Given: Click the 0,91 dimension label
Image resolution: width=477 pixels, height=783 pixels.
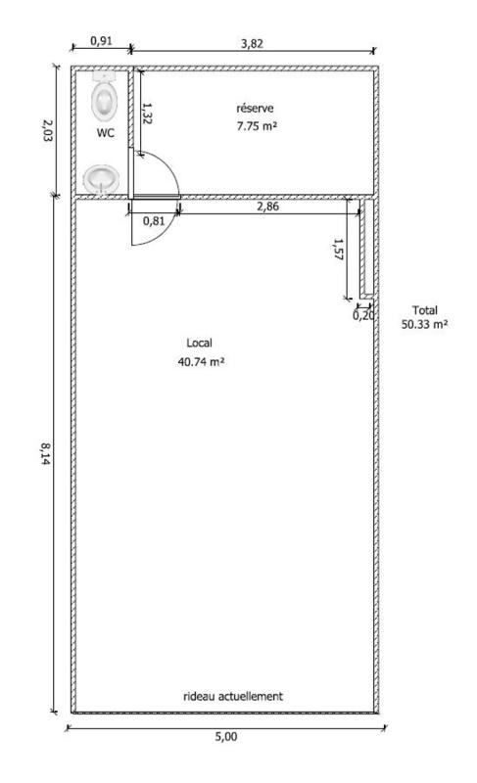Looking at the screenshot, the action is [x=101, y=41].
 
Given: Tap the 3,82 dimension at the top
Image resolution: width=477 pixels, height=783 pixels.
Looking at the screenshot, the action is [x=252, y=43].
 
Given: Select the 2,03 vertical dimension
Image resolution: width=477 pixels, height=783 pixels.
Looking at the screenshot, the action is [x=46, y=130].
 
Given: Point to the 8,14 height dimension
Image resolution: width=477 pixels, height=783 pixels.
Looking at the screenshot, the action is [x=45, y=453].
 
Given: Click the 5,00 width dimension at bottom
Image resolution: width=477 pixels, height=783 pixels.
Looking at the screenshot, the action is [x=225, y=736].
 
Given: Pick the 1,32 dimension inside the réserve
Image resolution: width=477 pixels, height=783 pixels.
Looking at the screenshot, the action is [x=147, y=113].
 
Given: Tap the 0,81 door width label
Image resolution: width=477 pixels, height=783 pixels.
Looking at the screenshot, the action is [x=154, y=220].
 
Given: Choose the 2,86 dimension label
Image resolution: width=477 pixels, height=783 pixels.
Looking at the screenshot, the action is [x=267, y=206].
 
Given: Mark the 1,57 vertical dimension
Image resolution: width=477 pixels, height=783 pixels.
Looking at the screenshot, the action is [x=339, y=251].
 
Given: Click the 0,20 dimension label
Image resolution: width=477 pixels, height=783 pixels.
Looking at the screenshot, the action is [x=363, y=315].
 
